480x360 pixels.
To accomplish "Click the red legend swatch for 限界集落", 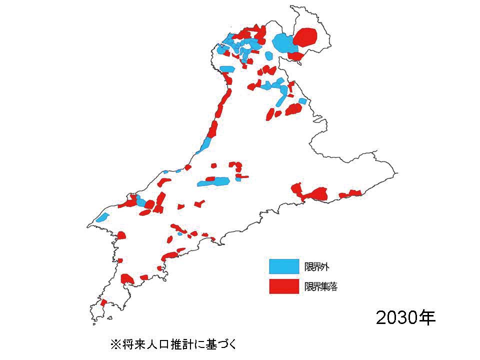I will tap(283, 286).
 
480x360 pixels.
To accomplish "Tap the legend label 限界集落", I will tap(323, 286).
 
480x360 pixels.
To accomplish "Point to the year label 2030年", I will tap(405, 317).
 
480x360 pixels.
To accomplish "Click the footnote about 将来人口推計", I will tap(172, 344).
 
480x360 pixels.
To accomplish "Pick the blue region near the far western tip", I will tap(103, 217).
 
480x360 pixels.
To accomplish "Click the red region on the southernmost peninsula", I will tap(103, 302).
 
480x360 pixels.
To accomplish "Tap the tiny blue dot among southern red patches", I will tap(179, 233).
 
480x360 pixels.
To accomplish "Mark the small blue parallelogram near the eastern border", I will tap(302, 101).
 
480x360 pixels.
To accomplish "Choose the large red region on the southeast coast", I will tap(316, 193).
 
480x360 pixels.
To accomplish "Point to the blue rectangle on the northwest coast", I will tap(227, 69).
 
